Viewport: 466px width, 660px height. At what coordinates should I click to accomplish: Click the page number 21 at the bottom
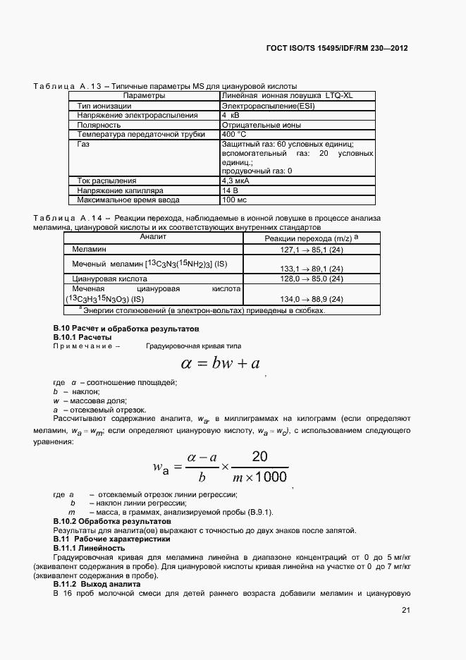click(405, 611)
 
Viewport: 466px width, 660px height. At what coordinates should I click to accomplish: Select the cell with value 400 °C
click(234, 134)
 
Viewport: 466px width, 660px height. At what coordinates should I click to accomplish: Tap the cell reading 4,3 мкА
click(237, 181)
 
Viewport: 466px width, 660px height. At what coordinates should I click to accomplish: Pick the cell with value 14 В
click(230, 191)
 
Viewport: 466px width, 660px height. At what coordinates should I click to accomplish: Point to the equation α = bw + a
click(221, 363)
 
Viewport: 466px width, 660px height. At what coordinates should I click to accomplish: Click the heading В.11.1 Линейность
click(90, 548)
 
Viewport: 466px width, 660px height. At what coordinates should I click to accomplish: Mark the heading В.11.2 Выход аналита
click(97, 585)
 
